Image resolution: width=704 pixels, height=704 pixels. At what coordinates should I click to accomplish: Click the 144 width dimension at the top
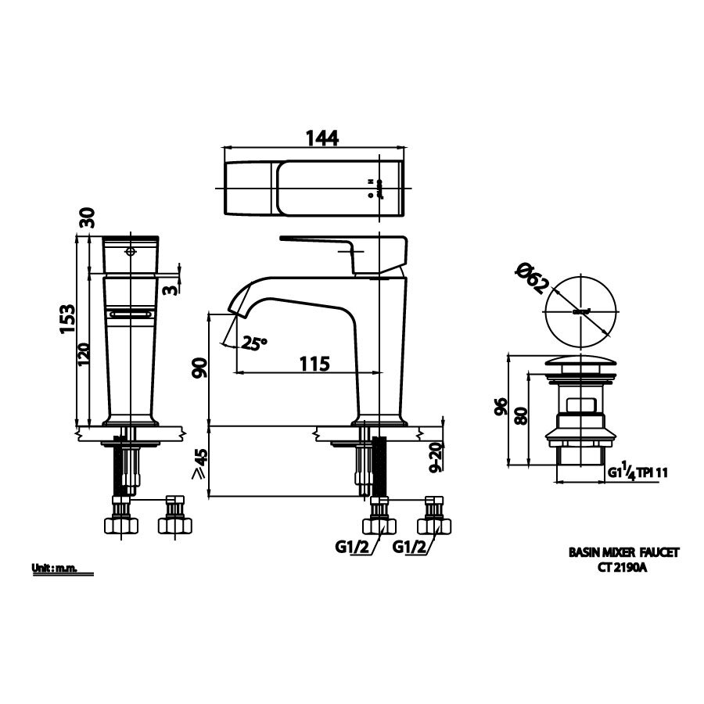[x=321, y=137]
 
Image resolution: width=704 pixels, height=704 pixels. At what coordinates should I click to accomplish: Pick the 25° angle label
[x=254, y=343]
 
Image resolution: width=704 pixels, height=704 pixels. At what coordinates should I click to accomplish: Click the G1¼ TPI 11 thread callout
[x=637, y=472]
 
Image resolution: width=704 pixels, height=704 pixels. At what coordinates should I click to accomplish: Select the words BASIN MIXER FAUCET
[x=623, y=552]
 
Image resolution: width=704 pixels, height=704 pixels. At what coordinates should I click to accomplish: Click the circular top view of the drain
[x=580, y=311]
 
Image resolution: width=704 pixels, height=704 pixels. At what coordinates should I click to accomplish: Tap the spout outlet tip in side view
[x=232, y=311]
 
